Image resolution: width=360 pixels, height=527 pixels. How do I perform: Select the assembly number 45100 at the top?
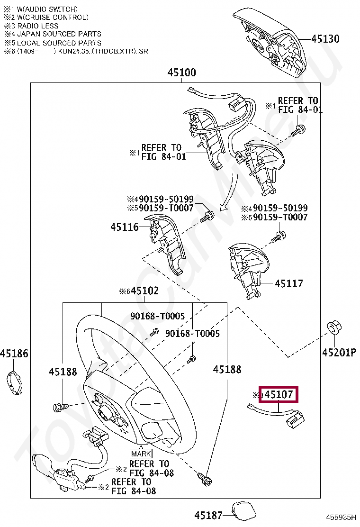[181, 73]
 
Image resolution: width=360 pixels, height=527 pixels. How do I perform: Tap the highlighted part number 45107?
[279, 394]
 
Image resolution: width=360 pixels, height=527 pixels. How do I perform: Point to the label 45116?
[125, 227]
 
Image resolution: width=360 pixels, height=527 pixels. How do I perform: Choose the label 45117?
[289, 283]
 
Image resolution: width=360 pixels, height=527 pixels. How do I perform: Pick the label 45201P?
[339, 352]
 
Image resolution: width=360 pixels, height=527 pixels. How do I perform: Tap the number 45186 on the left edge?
[14, 354]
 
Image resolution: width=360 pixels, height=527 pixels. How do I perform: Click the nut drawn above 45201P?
[333, 328]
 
